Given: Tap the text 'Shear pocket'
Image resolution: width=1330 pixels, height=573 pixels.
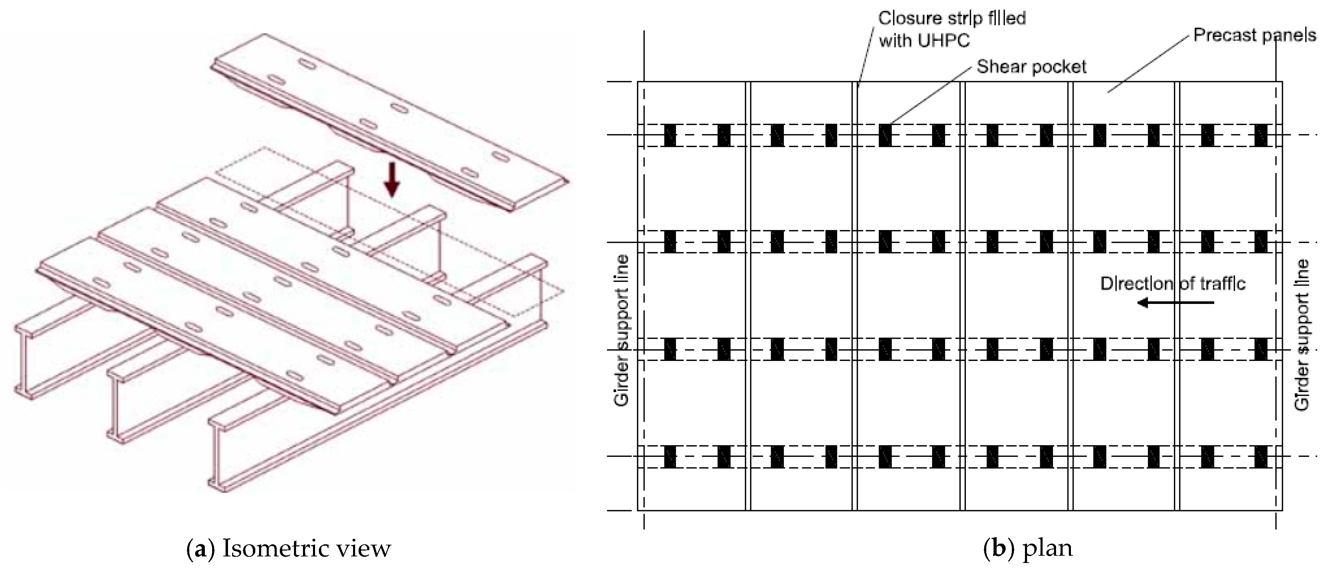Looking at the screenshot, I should pos(1031,67).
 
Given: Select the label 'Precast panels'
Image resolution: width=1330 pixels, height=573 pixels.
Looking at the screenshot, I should pos(1255,35).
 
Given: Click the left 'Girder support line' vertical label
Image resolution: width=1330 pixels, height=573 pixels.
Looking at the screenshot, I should pos(622,331).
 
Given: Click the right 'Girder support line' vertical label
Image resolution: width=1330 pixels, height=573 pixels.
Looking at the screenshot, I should pos(1302,334).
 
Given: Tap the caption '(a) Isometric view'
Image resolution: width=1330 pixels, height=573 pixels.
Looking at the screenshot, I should pos(288,548).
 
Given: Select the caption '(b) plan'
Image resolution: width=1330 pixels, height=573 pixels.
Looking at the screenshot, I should pos(1027,548).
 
